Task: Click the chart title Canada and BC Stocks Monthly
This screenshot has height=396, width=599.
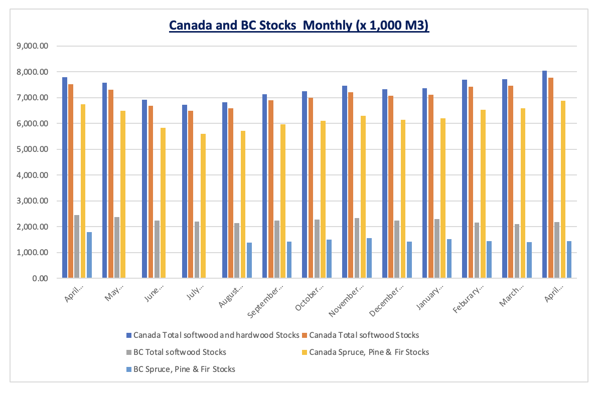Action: [299, 26]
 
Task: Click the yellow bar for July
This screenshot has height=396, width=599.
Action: [203, 206]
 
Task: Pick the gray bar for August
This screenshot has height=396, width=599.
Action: [237, 250]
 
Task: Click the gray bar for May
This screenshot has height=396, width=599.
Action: [117, 248]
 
